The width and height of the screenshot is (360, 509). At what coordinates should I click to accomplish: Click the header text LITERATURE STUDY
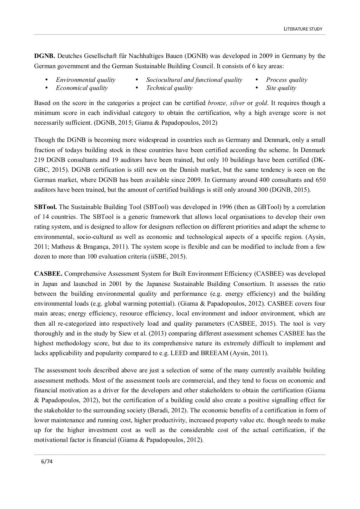[303, 29]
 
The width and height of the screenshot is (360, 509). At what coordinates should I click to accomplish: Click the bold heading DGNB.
[44, 56]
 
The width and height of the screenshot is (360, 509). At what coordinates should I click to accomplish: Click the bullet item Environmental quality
[85, 80]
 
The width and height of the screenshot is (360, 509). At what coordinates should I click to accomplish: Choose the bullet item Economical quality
[82, 88]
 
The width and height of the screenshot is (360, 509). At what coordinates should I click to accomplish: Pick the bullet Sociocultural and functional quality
[194, 80]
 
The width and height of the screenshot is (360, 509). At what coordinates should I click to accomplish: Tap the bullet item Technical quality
[169, 88]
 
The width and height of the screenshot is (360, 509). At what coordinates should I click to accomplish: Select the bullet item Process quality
[287, 80]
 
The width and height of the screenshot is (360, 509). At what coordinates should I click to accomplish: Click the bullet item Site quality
[281, 88]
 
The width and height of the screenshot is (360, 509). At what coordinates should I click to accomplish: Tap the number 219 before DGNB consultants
[39, 160]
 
